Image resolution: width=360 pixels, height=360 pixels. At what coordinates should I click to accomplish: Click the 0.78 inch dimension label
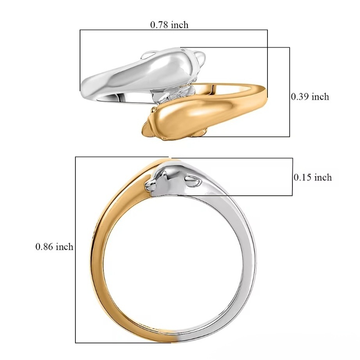click(x=169, y=25)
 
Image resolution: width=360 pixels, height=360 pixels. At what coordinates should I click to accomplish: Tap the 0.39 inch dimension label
click(x=310, y=97)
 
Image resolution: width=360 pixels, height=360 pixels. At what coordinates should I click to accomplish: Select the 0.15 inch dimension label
click(x=313, y=178)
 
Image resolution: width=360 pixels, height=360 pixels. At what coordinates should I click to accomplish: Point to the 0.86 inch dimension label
click(x=54, y=247)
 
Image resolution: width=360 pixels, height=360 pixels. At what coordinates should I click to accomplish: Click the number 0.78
click(x=159, y=25)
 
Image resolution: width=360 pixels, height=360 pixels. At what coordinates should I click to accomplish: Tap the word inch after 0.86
click(x=64, y=247)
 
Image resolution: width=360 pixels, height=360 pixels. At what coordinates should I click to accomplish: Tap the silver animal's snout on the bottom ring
click(x=149, y=184)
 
